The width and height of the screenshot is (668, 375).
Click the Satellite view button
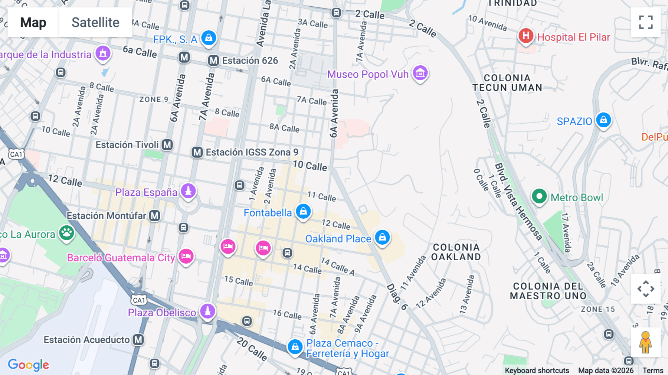(95, 22)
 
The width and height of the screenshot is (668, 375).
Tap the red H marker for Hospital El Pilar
(525, 36)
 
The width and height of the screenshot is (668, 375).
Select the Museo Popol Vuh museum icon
(420, 73)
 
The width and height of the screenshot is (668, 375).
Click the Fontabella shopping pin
(303, 211)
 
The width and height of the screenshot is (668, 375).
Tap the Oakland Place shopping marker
(382, 237)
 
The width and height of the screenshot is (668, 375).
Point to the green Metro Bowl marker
(539, 196)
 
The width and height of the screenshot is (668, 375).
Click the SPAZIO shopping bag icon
(603, 120)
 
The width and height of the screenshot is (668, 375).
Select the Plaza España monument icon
(188, 191)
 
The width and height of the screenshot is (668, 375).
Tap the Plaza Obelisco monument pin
(207, 311)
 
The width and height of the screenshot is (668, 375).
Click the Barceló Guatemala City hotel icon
(186, 256)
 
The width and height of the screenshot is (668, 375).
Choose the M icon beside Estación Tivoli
(167, 145)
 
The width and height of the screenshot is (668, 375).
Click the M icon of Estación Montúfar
(155, 216)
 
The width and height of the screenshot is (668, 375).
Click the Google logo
(28, 365)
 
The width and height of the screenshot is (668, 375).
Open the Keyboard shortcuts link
(537, 370)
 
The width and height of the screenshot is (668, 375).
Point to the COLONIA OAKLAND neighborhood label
(456, 252)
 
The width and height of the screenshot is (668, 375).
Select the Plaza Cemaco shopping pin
(295, 347)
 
